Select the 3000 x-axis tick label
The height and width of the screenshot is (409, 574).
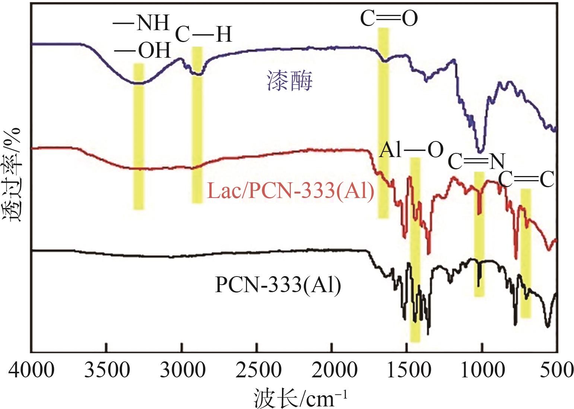coord(181,372)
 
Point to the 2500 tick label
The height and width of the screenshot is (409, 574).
coord(257,372)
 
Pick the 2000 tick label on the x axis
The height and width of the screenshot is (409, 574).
coord(332,372)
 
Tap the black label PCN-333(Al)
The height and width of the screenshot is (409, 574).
coord(278,286)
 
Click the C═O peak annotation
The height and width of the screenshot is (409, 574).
coord(389,19)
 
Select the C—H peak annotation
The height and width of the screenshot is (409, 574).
coord(203,34)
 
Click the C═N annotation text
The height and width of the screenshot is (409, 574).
coord(476,161)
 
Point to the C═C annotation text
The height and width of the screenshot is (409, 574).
coord(525,179)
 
